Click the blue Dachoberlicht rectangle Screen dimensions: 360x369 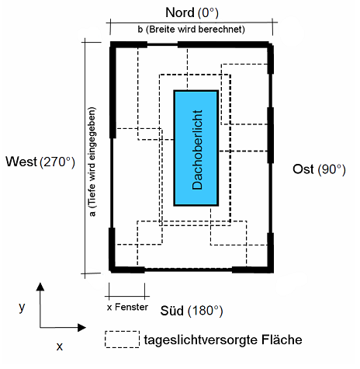tap(196, 148)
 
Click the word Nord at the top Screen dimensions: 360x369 tap(180, 12)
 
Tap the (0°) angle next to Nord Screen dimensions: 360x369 tap(208, 13)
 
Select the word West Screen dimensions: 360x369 tap(22, 162)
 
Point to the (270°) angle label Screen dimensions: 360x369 tap(57, 162)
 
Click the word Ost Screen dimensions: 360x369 tap(303, 169)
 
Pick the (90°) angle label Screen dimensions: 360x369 tap(332, 169)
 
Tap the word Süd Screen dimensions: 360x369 tap(172, 311)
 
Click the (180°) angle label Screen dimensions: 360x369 tap(206, 311)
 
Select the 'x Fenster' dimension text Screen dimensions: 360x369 tap(127, 308)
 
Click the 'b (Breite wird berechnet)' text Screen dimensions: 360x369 tap(191, 30)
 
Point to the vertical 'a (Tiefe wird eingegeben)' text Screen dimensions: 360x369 tap(92, 162)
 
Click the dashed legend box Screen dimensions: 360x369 tap(123, 339)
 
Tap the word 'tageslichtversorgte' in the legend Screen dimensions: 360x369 tap(201, 340)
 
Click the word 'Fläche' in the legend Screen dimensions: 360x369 tap(282, 339)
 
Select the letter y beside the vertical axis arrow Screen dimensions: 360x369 tap(22, 308)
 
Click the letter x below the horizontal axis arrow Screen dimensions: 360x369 tap(60, 346)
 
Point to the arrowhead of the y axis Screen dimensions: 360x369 tap(40, 287)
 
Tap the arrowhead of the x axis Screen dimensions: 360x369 tap(81, 328)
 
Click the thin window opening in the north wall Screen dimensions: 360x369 tap(162, 45)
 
